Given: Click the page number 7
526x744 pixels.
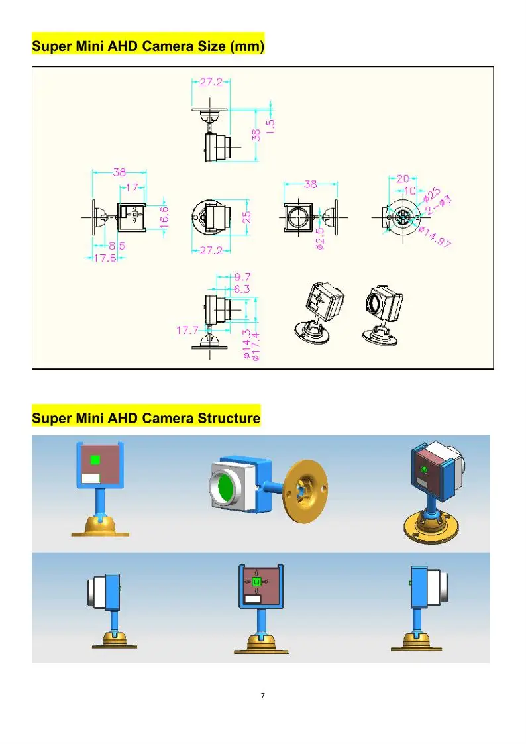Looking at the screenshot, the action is click(263, 695).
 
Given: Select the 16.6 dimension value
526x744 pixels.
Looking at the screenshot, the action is click(164, 217).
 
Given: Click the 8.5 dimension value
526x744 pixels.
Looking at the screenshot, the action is click(117, 246).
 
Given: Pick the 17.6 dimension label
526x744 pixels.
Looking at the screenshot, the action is click(105, 258).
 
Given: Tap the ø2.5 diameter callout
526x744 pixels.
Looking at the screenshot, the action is click(320, 239).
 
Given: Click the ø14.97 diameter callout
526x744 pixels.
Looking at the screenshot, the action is click(435, 237).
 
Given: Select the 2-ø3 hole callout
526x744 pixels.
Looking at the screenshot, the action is click(439, 205).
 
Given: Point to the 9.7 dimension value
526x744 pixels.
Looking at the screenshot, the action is click(242, 277).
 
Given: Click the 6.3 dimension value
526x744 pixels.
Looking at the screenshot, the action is click(242, 288).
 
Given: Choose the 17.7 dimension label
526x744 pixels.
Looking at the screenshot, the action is click(187, 330).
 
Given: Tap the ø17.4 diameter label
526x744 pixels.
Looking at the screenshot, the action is click(256, 346).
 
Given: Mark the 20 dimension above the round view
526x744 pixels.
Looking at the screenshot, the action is click(403, 178).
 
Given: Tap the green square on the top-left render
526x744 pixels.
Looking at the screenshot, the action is click(95, 460).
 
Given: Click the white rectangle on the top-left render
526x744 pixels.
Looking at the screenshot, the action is click(91, 478).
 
